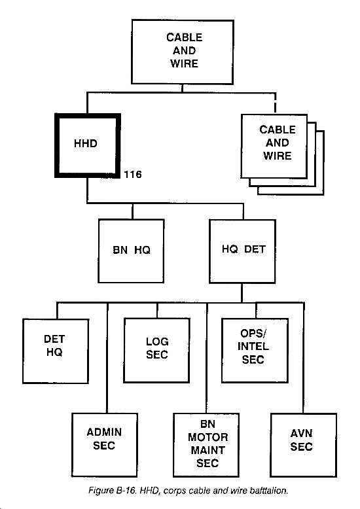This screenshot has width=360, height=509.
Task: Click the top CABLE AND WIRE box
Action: point(183,52)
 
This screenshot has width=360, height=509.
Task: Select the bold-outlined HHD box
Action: point(88,145)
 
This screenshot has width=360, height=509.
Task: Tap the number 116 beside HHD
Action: point(133,174)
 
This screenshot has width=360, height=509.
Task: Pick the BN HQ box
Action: point(131,251)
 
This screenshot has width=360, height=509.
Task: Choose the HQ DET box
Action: point(242,251)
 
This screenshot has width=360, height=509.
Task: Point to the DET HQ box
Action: point(56,351)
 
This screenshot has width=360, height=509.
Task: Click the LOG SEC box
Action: point(156,350)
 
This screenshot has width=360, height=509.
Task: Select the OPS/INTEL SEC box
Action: point(255,350)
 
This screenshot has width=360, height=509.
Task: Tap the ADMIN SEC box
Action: point(104,445)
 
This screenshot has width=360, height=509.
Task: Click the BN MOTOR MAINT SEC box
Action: point(206,445)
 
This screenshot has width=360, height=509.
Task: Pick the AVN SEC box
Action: point(304,445)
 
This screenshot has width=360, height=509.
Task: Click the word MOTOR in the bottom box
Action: point(208,437)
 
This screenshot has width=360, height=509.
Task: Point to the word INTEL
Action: point(253,346)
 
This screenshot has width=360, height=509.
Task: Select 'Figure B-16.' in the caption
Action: point(113,490)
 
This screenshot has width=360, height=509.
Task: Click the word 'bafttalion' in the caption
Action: point(269,490)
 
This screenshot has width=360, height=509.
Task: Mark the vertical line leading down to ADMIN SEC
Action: point(107,358)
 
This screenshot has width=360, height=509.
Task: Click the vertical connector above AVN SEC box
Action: point(304,358)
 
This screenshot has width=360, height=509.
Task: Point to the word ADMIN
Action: point(104,432)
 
